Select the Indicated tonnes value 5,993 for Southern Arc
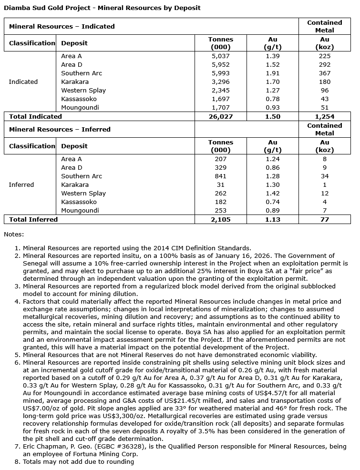coord(221,73)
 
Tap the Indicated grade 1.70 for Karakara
coord(273,82)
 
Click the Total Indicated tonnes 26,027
coord(221,116)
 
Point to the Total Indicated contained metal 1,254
coord(325,116)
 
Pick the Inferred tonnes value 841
coord(221,176)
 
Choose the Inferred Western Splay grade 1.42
coord(273,194)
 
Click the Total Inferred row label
coord(33,219)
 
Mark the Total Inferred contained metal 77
coord(325,219)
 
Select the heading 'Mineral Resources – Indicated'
coord(62,26)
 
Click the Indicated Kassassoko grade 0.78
coord(273,99)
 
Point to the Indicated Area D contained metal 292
coord(325,65)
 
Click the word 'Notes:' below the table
coord(13,234)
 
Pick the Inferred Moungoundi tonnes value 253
coord(221,211)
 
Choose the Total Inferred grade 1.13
coord(273,219)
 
